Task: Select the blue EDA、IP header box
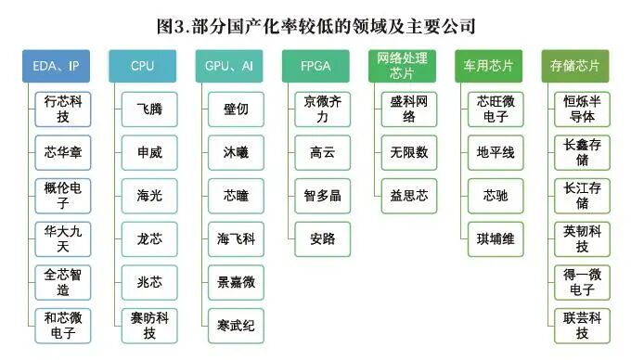tap(56, 67)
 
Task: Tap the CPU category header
tap(142, 67)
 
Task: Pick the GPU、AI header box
tap(228, 67)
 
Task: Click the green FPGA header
tap(316, 67)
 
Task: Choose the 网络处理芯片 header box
tap(402, 67)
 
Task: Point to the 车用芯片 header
tap(488, 67)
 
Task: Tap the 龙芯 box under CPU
tap(149, 239)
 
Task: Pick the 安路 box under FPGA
tap(322, 239)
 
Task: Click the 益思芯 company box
tap(409, 197)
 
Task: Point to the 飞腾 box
tap(149, 109)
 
